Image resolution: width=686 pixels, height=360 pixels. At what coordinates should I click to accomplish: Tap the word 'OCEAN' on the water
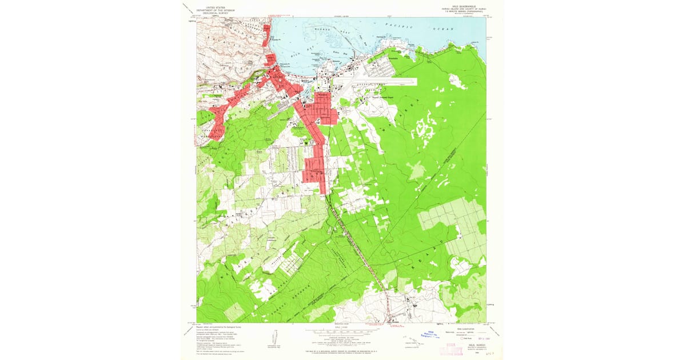point(444,28)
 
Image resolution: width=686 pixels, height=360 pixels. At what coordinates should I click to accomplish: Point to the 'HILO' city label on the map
point(278,76)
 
